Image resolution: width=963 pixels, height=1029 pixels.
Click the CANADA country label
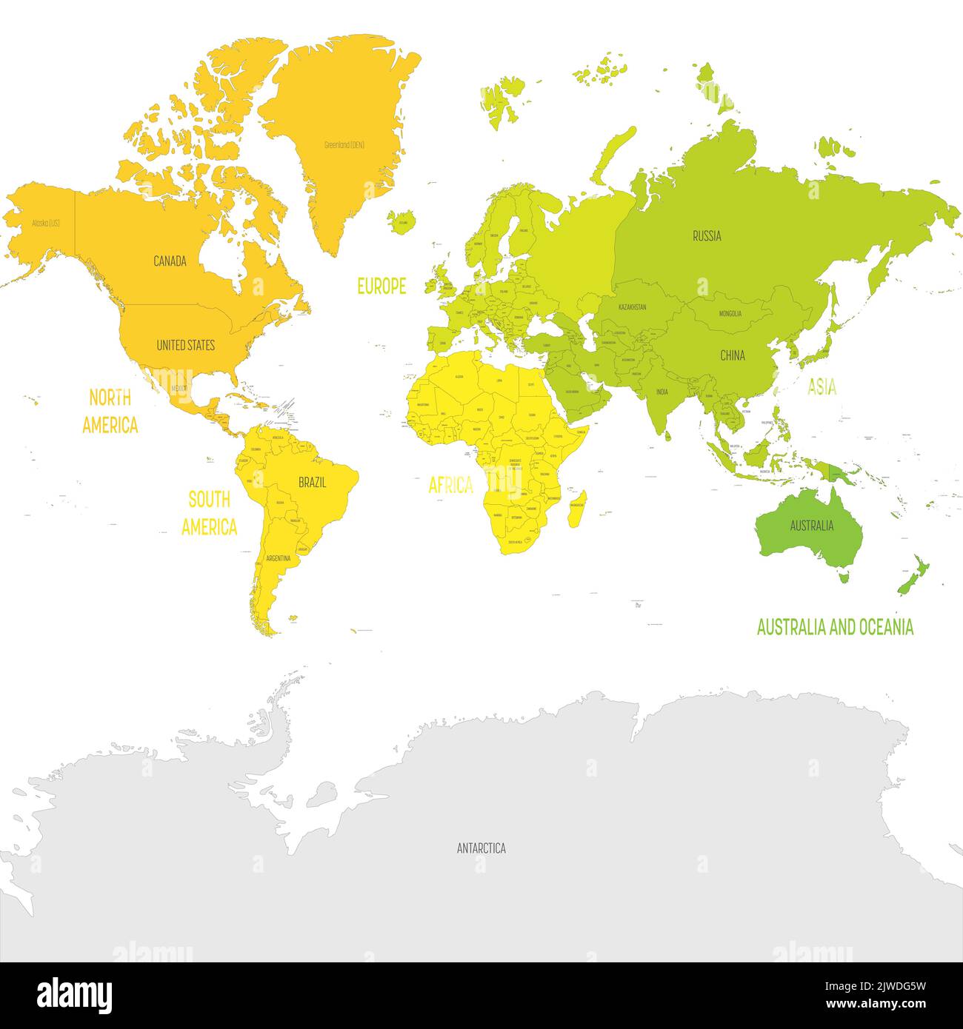170,261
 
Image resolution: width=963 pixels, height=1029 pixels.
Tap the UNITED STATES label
185,345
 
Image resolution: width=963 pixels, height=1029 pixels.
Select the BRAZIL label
312,483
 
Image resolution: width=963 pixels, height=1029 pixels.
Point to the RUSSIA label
707,236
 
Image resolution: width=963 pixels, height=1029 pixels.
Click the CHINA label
733,355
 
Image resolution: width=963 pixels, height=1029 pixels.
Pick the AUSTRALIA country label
812,526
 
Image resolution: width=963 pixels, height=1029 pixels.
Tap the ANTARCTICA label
481,848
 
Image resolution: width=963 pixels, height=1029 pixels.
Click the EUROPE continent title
381,286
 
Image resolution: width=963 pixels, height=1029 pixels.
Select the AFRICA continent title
450,486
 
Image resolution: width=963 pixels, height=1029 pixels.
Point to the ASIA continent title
822,386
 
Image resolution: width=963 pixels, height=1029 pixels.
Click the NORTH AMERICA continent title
110,412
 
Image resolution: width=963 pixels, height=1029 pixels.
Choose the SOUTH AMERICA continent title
209,513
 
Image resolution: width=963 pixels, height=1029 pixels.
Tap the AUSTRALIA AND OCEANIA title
835,628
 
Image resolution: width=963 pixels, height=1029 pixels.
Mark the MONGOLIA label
730,314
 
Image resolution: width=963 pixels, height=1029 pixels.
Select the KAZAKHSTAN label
632,306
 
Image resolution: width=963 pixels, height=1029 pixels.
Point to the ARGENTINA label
278,557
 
